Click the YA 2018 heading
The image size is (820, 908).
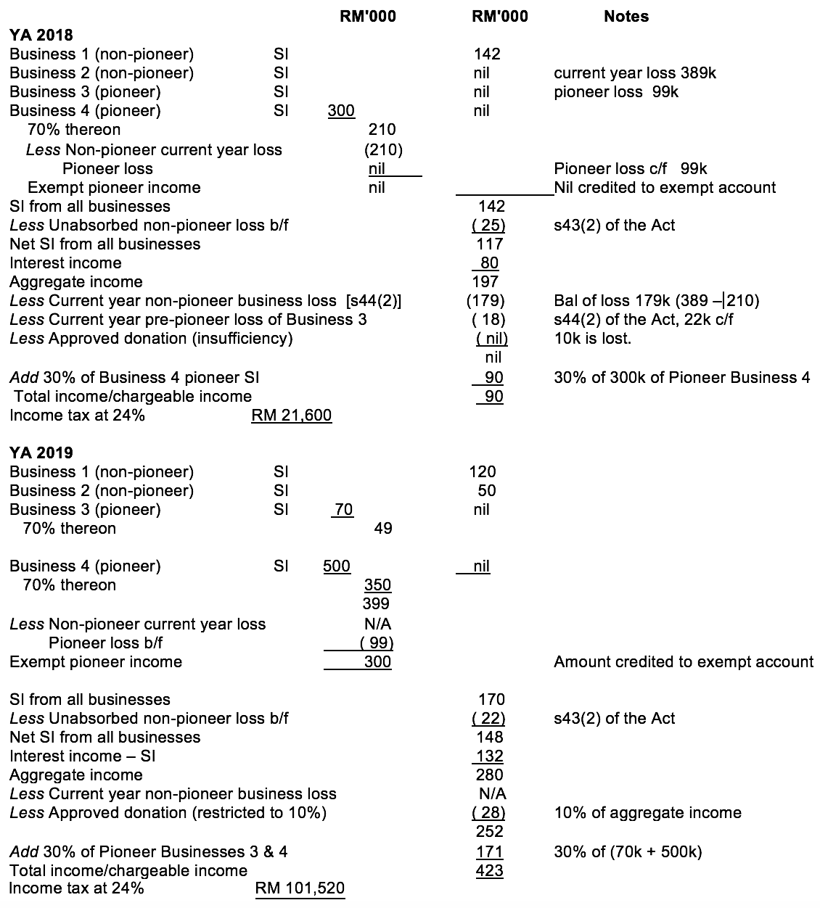(41, 35)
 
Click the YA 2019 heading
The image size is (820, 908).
(41, 453)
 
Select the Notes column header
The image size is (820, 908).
(626, 16)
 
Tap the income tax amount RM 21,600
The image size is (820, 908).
(291, 416)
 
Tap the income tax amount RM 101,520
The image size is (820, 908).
(300, 888)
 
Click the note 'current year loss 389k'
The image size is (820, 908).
(635, 73)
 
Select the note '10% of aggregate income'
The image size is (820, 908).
(647, 813)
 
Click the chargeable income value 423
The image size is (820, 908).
(489, 870)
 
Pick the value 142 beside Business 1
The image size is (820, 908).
(486, 54)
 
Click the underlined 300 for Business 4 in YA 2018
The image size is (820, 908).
(341, 111)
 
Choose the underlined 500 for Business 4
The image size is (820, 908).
(337, 566)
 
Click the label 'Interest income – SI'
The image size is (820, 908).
(83, 756)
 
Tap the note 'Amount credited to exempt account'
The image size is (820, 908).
(683, 662)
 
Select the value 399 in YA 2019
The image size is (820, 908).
(376, 604)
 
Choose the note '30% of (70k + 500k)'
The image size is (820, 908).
(628, 852)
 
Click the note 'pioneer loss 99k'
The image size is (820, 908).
(616, 92)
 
